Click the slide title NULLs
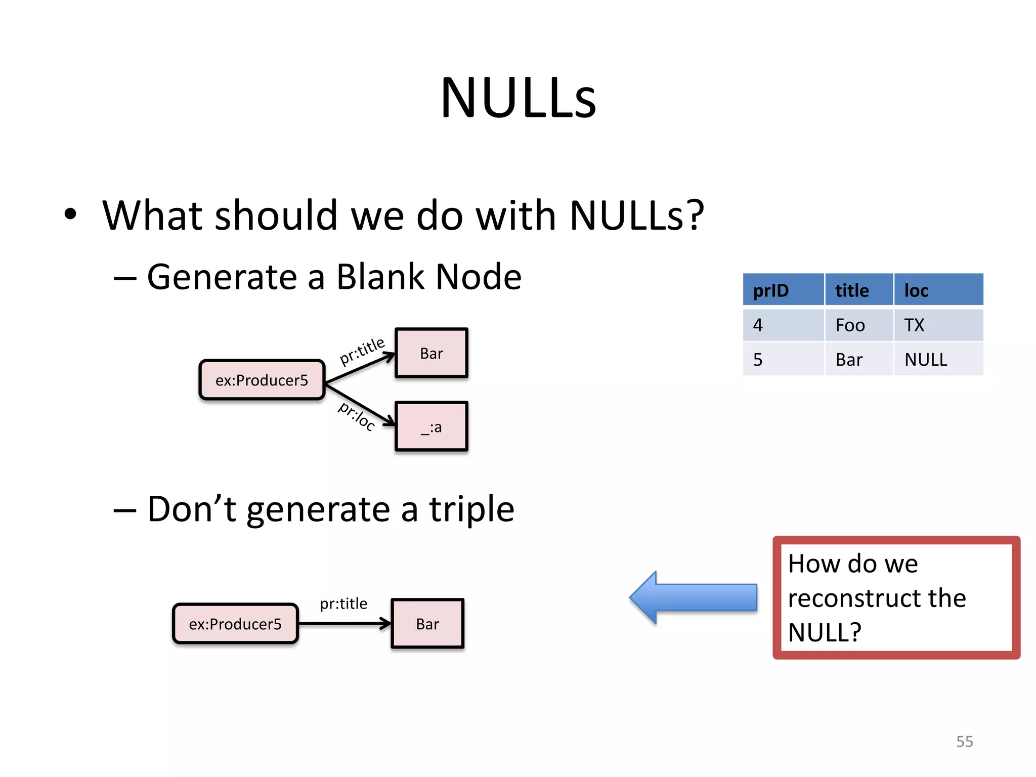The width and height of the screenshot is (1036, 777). tap(518, 98)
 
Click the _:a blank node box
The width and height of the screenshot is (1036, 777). tap(431, 426)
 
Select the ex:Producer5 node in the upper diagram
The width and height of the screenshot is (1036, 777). tap(262, 380)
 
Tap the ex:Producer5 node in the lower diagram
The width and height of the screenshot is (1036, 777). tap(235, 624)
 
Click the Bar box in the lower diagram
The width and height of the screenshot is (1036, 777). tap(427, 624)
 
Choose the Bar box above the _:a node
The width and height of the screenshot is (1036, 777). tap(431, 353)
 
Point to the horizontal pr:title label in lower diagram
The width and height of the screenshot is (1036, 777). tap(343, 603)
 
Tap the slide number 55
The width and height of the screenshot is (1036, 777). tap(964, 741)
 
